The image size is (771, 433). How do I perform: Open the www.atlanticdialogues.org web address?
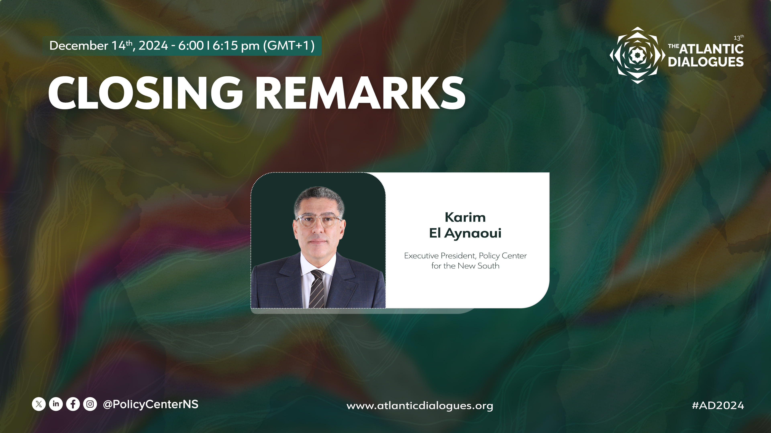click(420, 406)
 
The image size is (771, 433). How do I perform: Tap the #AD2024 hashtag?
click(718, 406)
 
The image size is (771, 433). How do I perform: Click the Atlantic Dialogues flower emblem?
click(637, 55)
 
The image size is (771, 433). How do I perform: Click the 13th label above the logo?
click(739, 38)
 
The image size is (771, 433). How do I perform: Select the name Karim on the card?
click(465, 217)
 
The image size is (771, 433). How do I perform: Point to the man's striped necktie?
click(317, 289)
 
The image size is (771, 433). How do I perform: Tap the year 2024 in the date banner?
click(153, 46)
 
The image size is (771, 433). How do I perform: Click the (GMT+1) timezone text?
click(289, 46)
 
